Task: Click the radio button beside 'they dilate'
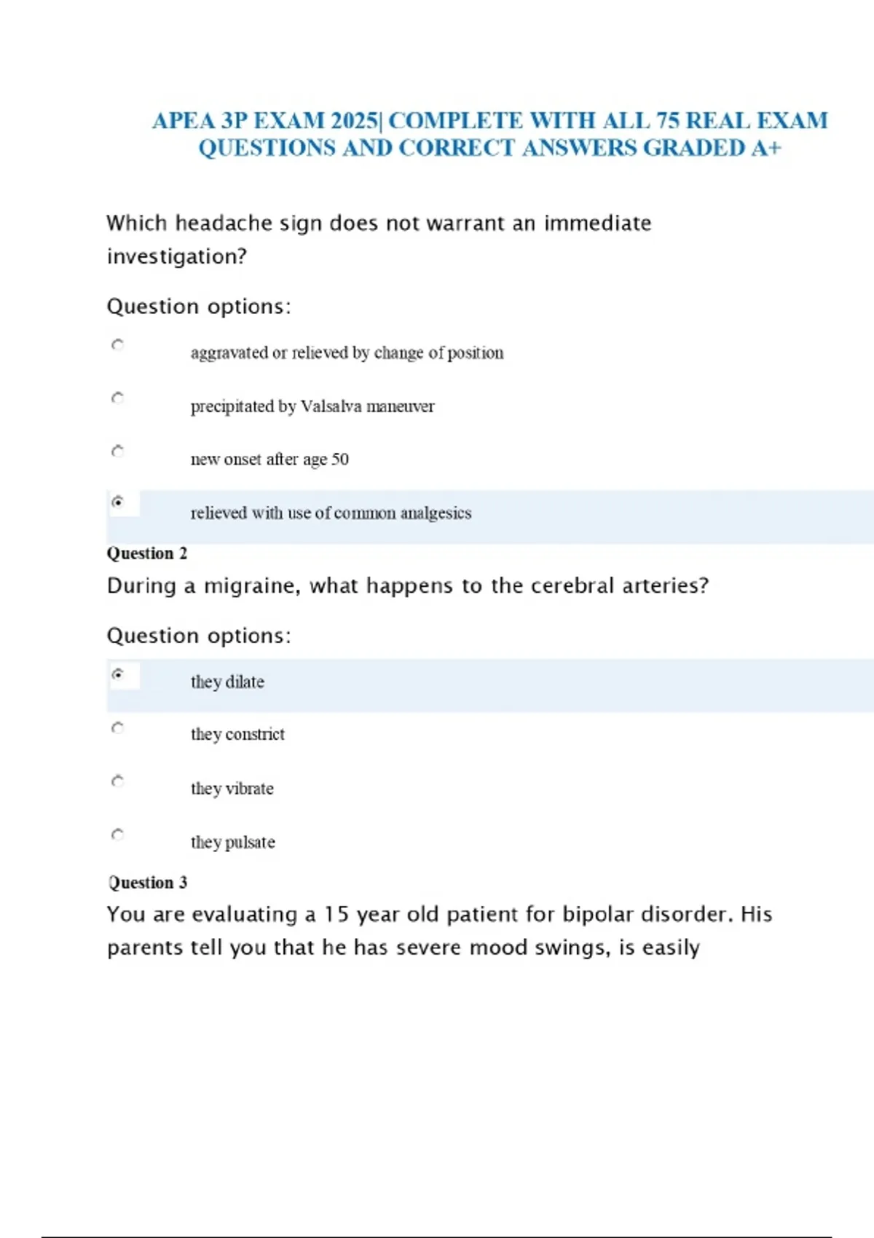(117, 674)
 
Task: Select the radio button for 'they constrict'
(117, 728)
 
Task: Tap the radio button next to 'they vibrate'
(117, 781)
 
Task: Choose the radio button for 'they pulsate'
(117, 834)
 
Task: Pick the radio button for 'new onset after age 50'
(117, 451)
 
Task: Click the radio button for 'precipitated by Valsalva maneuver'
(117, 398)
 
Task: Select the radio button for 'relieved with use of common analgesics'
(117, 502)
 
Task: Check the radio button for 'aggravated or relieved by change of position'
(117, 344)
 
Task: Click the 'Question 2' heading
(147, 553)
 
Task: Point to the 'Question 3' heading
(148, 883)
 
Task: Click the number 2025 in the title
(354, 121)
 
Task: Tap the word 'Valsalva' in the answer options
(331, 406)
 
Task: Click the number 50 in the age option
(340, 460)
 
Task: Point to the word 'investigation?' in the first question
(177, 257)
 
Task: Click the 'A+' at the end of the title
(766, 149)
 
